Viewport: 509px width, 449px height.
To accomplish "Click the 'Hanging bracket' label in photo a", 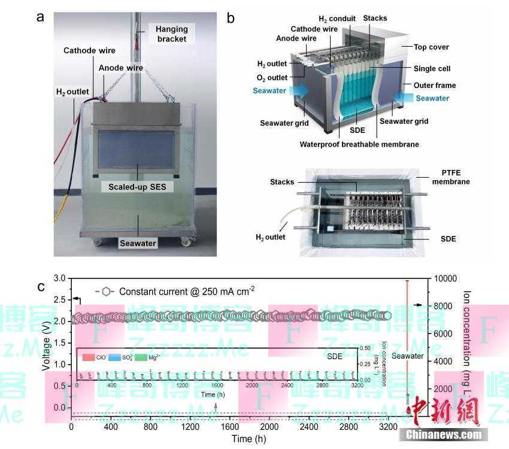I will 171,34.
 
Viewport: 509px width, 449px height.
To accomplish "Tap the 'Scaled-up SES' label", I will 137,187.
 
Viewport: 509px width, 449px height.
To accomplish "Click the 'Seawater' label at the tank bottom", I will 138,243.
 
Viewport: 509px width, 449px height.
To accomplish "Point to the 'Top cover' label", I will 431,47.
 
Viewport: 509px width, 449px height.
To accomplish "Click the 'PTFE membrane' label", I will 451,177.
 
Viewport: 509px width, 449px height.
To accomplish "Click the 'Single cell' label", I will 432,69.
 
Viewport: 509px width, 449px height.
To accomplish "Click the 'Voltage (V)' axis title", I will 46,342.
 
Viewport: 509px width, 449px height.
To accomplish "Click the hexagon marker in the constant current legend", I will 106,292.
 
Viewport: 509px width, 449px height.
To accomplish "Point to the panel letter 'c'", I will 41,287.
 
